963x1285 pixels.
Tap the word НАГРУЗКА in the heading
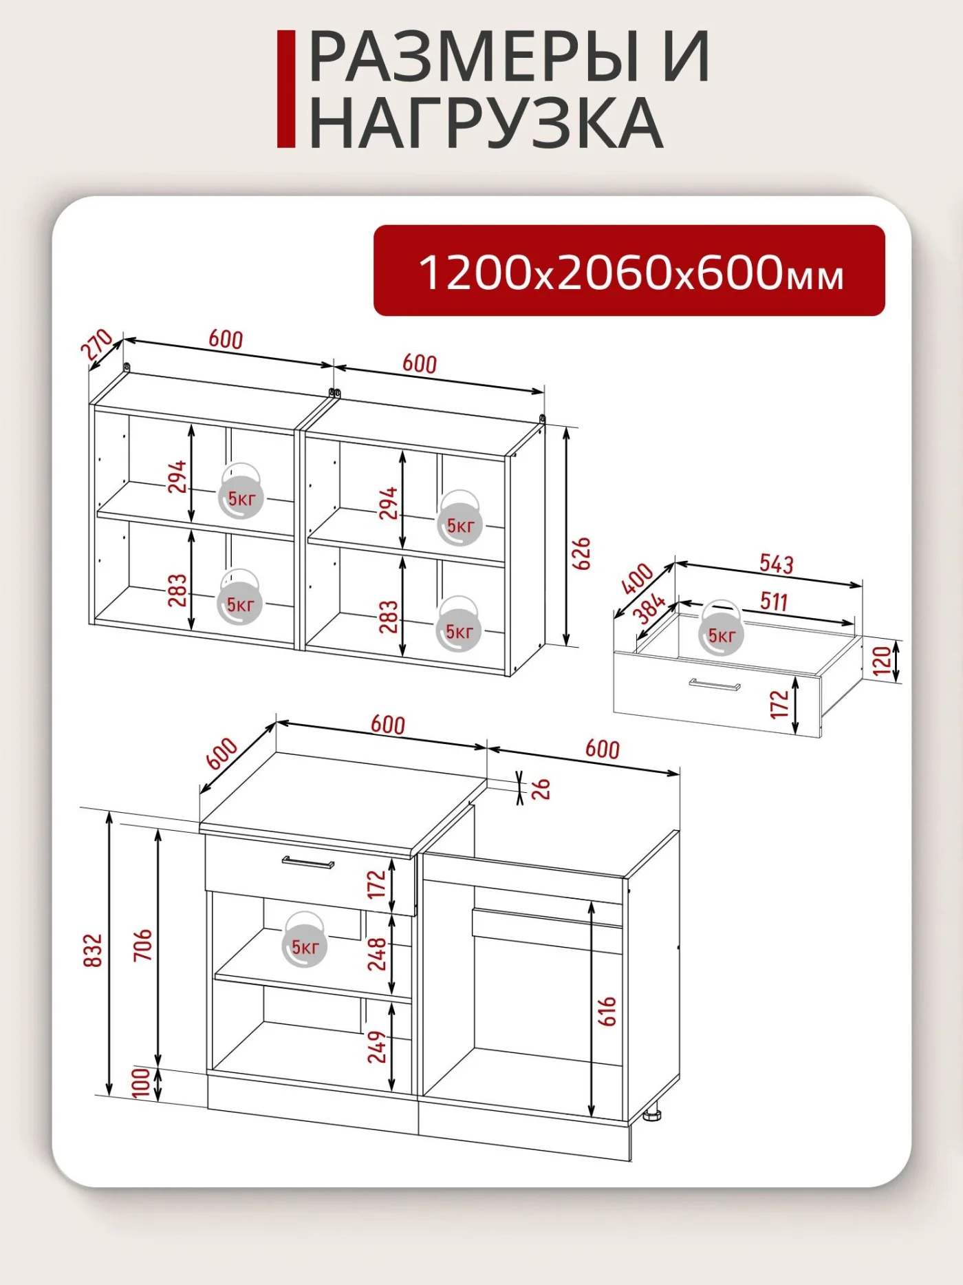pyautogui.click(x=486, y=123)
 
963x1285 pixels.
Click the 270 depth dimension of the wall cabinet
pyautogui.click(x=97, y=345)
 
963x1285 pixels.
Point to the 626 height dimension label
pyautogui.click(x=582, y=553)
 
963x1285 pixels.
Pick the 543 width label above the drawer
pyautogui.click(x=777, y=564)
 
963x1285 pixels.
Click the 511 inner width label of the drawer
pyautogui.click(x=774, y=601)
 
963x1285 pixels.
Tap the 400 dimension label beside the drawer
pyautogui.click(x=637, y=578)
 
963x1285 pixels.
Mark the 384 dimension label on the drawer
pyautogui.click(x=649, y=608)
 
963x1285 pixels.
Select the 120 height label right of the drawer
pyautogui.click(x=881, y=661)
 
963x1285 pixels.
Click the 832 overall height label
pyautogui.click(x=93, y=951)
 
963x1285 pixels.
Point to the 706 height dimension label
pyautogui.click(x=142, y=945)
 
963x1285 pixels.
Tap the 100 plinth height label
pyautogui.click(x=140, y=1083)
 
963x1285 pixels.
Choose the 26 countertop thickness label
pyautogui.click(x=542, y=789)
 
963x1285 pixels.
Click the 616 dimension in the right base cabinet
pyautogui.click(x=607, y=1012)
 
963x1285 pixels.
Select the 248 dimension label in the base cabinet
pyautogui.click(x=377, y=954)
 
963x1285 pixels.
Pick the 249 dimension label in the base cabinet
pyautogui.click(x=377, y=1046)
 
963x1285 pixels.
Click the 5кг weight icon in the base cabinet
pyautogui.click(x=304, y=939)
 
